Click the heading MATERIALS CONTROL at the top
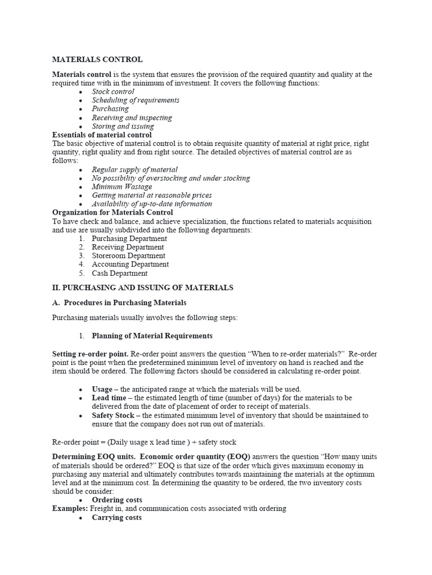(x=97, y=60)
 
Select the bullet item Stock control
(x=113, y=92)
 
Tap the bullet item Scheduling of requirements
(x=136, y=100)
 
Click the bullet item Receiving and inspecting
(x=132, y=117)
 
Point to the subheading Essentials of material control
(x=102, y=135)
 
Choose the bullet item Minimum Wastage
(x=122, y=186)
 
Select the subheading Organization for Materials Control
(x=112, y=212)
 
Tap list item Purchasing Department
(x=129, y=238)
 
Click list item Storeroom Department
(x=129, y=255)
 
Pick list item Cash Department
(x=120, y=273)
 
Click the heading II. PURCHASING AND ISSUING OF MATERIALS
(x=142, y=287)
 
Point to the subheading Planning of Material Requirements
(x=152, y=336)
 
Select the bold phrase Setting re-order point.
(x=90, y=354)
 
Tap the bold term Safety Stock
(x=112, y=416)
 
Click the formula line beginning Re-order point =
(x=144, y=442)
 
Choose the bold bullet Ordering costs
(x=117, y=500)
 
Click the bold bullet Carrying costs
(x=117, y=517)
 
